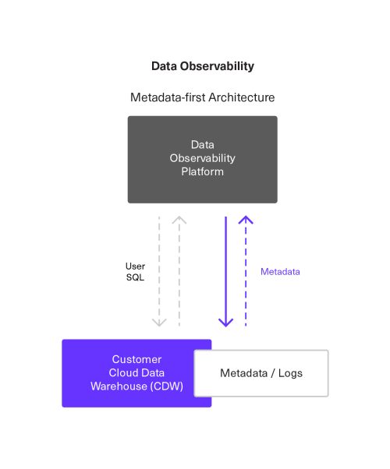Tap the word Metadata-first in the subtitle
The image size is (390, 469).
(165, 97)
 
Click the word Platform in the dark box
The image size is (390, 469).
(202, 171)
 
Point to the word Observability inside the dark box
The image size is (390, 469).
(202, 158)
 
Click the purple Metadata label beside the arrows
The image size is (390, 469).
(280, 272)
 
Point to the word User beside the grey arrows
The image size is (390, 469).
(136, 266)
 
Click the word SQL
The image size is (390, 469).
(136, 279)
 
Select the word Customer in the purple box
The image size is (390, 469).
(136, 360)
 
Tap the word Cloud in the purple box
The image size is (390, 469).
(120, 373)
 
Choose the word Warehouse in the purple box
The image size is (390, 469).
(118, 386)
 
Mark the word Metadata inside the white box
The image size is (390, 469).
(245, 373)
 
